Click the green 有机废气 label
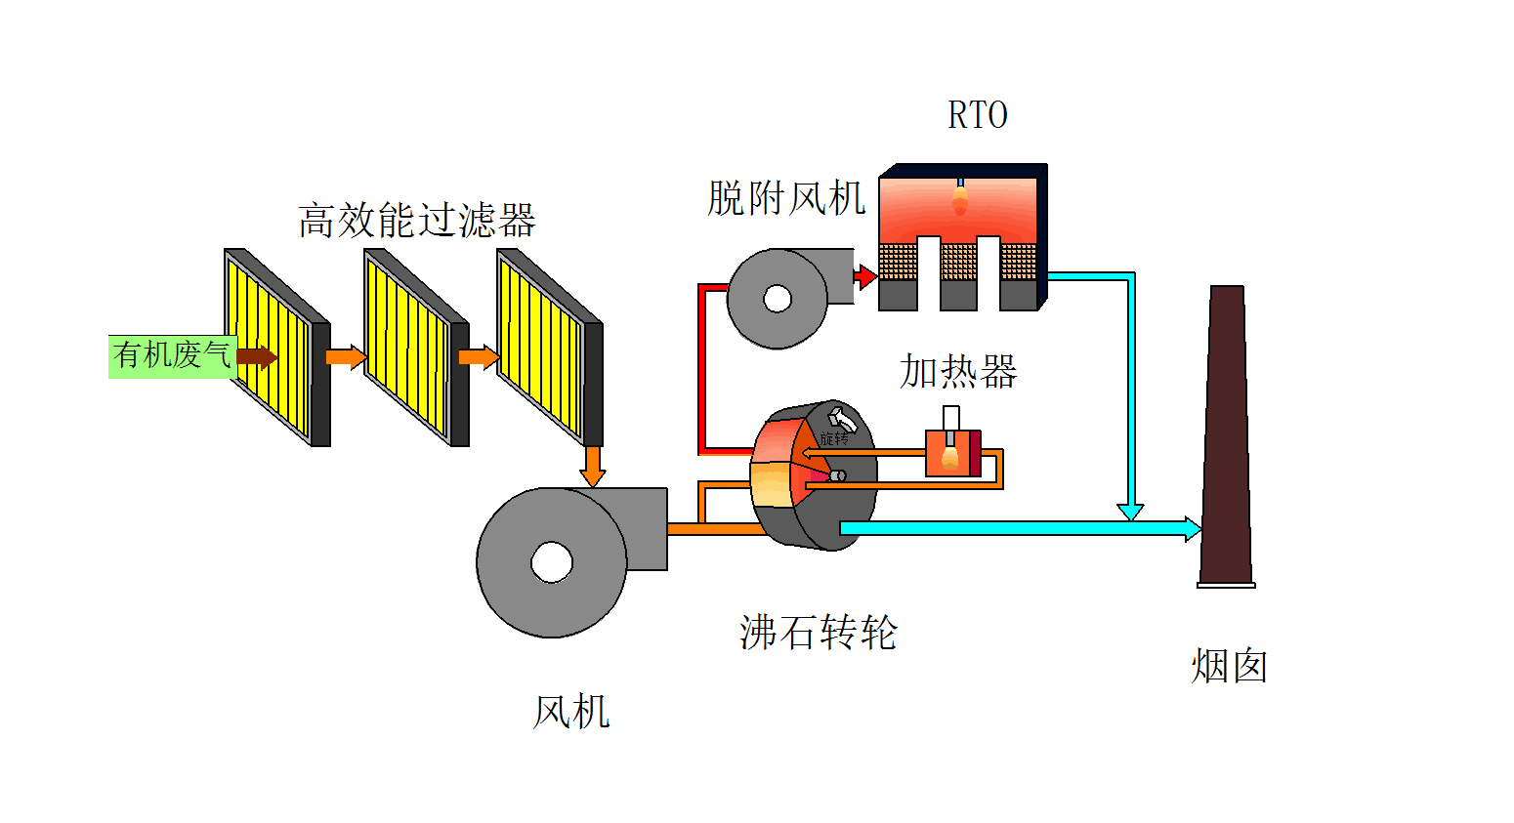click(172, 355)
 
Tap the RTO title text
click(977, 115)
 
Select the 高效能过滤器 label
click(417, 221)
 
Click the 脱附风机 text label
click(786, 198)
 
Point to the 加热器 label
click(958, 372)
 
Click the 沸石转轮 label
click(819, 633)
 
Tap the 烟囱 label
click(1229, 667)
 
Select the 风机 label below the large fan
click(571, 712)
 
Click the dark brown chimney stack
click(1227, 439)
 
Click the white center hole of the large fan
click(552, 562)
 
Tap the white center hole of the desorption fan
click(778, 299)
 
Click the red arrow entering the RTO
click(864, 277)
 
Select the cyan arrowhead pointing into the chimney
click(1193, 529)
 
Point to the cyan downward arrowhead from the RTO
click(1130, 512)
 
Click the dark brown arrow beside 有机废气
click(257, 356)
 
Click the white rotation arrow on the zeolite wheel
click(843, 419)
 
